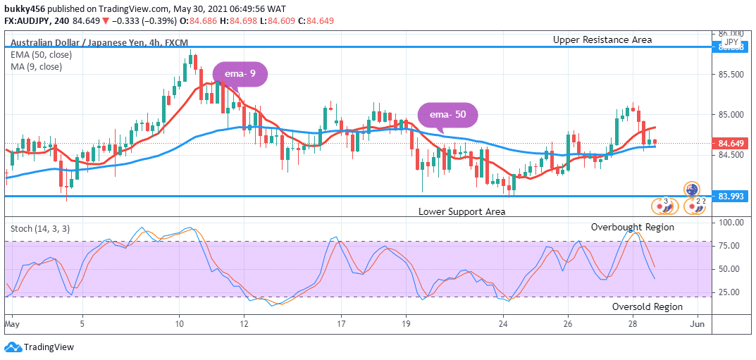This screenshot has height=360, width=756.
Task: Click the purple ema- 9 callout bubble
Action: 240,74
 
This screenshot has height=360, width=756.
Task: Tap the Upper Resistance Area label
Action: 602,40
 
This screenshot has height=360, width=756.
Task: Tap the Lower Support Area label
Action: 461,211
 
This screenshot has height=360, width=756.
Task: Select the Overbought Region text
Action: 632,227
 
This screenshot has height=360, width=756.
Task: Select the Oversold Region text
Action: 647,306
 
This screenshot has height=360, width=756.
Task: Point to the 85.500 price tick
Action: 731,74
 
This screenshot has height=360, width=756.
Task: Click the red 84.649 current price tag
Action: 731,144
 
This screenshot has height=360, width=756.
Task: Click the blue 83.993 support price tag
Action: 731,196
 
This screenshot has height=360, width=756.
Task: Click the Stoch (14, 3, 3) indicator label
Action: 40,228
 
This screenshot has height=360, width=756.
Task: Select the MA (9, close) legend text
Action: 36,67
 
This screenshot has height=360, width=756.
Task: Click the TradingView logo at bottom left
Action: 39,347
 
